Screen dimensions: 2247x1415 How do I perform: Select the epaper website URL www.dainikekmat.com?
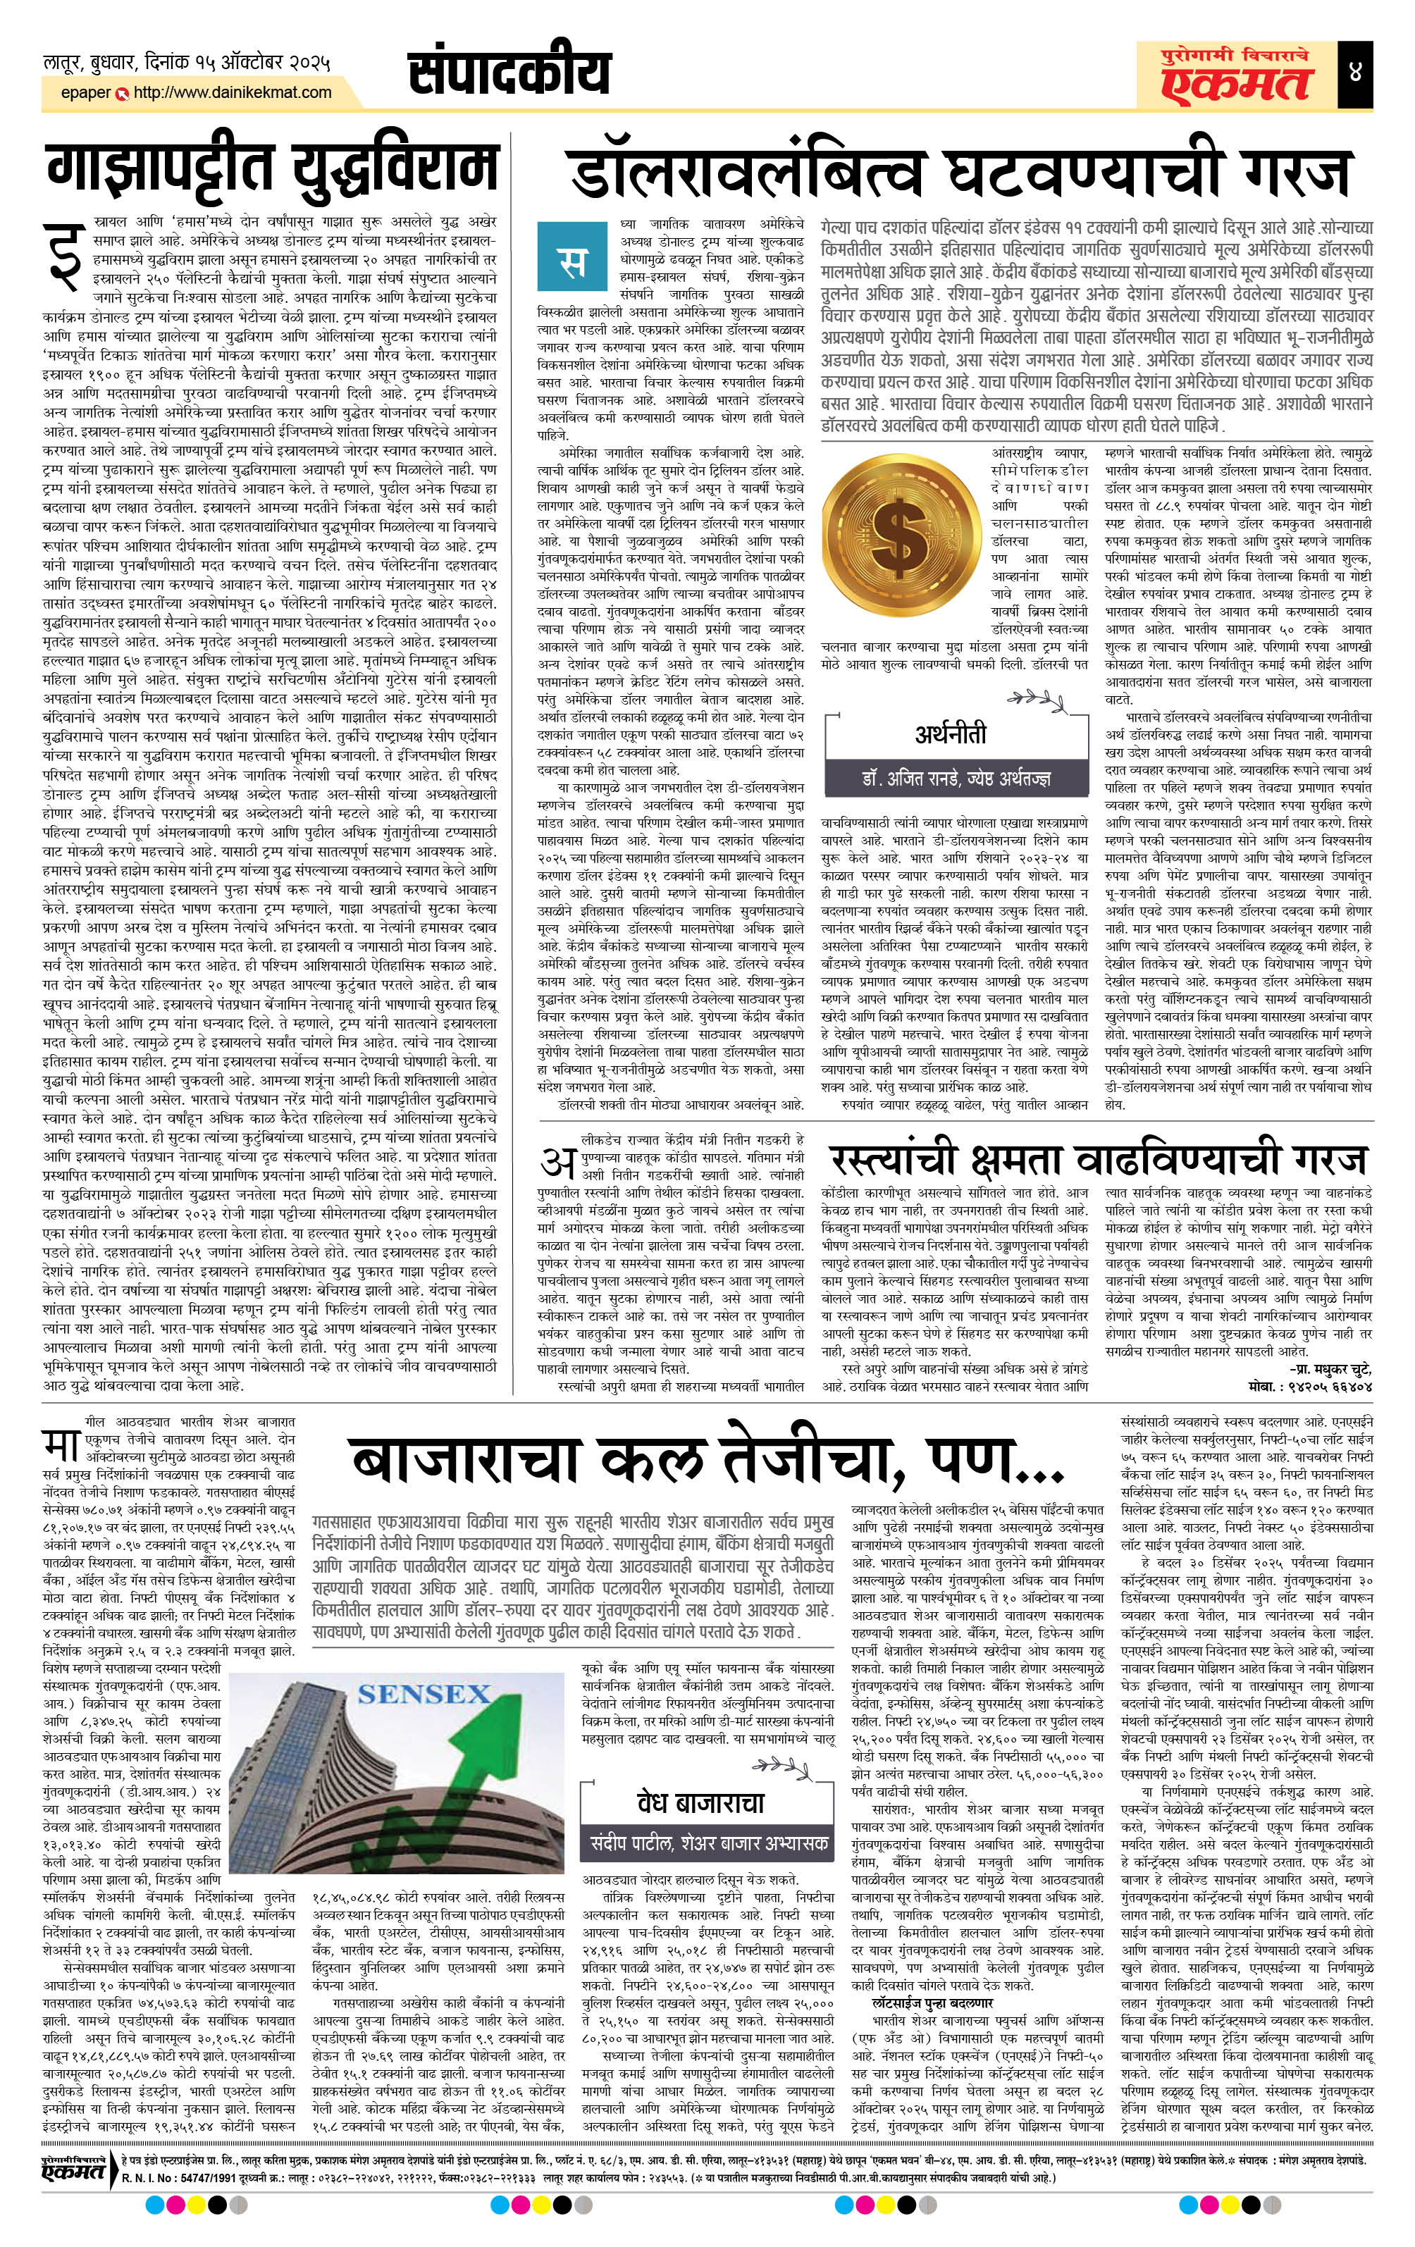233,92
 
